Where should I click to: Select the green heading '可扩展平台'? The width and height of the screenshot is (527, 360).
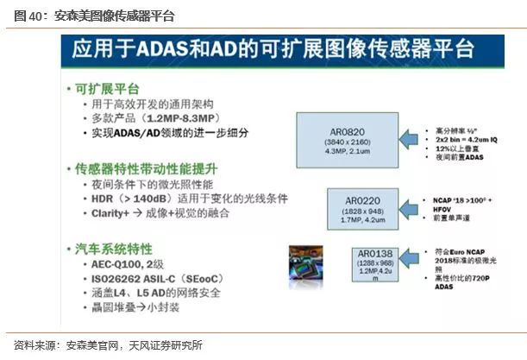point(107,89)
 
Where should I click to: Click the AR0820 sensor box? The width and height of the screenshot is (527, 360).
point(340,136)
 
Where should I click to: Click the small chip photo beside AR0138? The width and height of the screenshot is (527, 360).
point(306,263)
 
